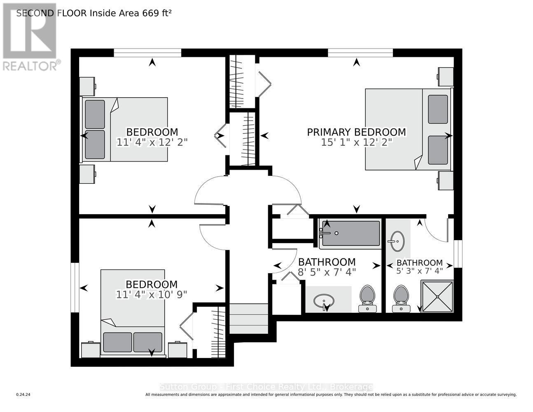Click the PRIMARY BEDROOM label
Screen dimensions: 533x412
click(356, 132)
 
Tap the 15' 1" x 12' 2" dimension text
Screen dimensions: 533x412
click(356, 142)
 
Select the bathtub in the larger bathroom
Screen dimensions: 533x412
click(351, 233)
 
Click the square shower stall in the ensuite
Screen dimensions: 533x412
click(437, 297)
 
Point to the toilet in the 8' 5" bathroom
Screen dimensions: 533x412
click(367, 299)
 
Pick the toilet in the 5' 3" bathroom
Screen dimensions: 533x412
click(401, 299)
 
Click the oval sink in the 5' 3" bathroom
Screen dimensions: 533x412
click(397, 241)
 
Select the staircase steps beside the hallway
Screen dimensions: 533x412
click(248, 318)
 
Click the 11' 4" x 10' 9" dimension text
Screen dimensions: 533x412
click(151, 295)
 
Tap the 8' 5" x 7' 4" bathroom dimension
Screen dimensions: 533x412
click(327, 272)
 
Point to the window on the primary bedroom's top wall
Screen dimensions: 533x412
click(360, 53)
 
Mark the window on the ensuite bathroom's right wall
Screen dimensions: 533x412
click(458, 254)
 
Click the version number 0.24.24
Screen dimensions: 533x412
click(23, 395)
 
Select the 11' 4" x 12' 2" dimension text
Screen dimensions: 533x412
click(152, 142)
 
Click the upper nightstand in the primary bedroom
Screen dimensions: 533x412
click(446, 77)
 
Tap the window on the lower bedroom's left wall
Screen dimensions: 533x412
click(75, 288)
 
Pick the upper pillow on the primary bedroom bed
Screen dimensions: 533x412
click(438, 109)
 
